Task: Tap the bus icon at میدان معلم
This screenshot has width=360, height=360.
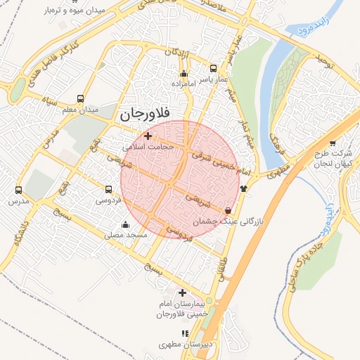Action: [81, 98]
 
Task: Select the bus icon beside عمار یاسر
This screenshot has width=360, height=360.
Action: [213, 69]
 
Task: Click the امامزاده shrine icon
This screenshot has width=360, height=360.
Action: [184, 74]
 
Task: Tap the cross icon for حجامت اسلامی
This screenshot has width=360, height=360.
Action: [147, 136]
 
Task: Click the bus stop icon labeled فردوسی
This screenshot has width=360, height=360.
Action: [108, 189]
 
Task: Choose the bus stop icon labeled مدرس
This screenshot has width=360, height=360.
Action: [18, 190]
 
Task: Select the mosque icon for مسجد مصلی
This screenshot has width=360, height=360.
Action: [126, 225]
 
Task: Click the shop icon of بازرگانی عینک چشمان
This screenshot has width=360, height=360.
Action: [228, 210]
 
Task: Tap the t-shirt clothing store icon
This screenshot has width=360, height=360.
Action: [244, 188]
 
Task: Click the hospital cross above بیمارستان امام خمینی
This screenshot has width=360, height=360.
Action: [182, 292]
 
